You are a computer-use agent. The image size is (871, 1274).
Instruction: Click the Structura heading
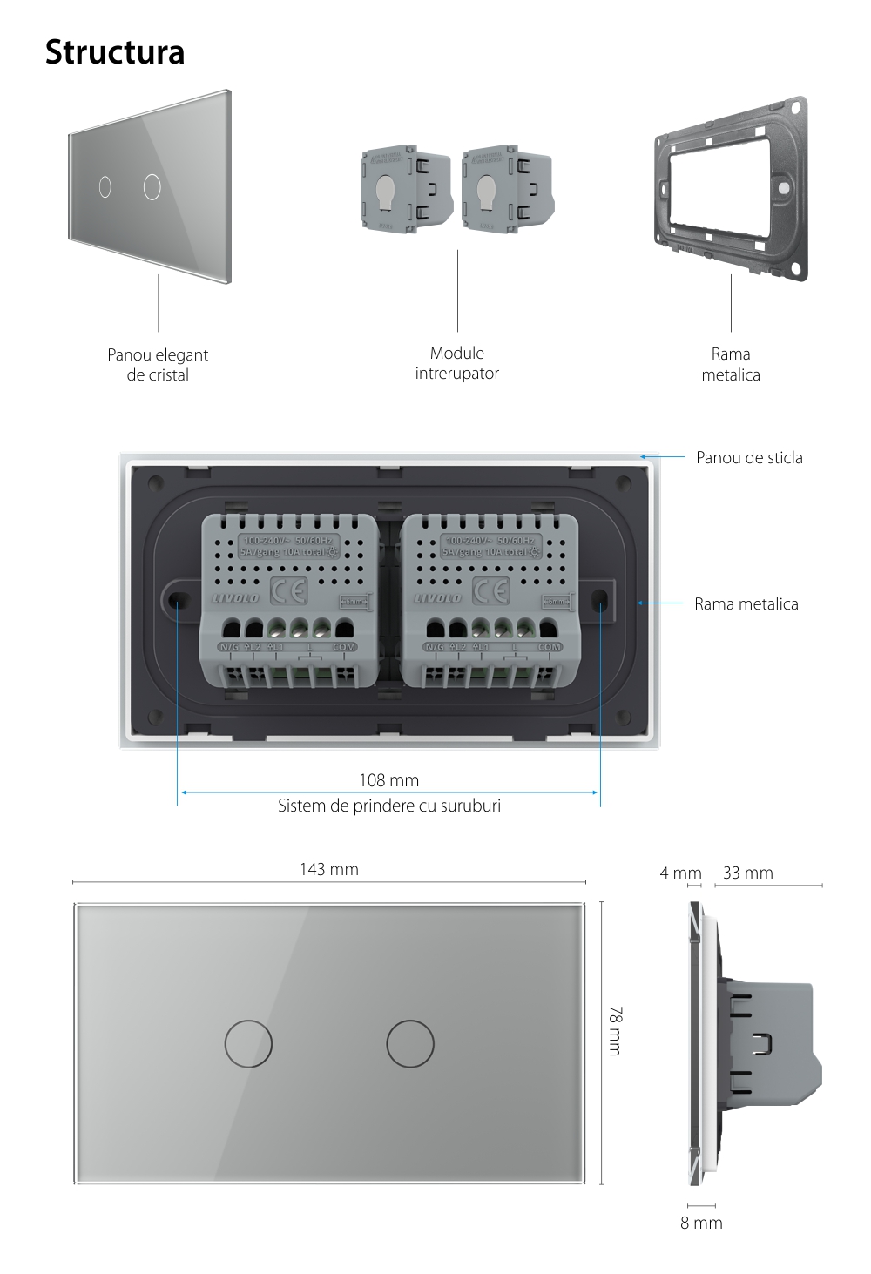(115, 52)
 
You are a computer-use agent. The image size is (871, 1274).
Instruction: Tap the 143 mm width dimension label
(328, 869)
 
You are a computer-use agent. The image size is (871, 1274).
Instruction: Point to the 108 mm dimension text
(388, 780)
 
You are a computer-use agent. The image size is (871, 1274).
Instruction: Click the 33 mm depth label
(747, 873)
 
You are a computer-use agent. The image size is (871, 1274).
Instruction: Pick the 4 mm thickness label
(680, 873)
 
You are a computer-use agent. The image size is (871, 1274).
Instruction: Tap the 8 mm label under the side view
(701, 1223)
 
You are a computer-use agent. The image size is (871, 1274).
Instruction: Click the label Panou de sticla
(749, 457)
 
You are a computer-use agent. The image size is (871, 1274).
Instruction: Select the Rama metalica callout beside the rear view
(746, 603)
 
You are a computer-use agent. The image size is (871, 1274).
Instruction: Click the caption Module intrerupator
(457, 363)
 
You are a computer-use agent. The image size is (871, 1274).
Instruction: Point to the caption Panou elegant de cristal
(158, 365)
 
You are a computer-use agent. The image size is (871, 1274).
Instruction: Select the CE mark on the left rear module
(288, 592)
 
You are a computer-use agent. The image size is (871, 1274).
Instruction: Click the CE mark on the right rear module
(490, 592)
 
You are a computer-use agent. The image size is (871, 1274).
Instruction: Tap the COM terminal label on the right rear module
(550, 647)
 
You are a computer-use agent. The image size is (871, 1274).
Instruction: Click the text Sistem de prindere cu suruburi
(388, 806)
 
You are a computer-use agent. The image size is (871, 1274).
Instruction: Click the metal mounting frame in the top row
(731, 188)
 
